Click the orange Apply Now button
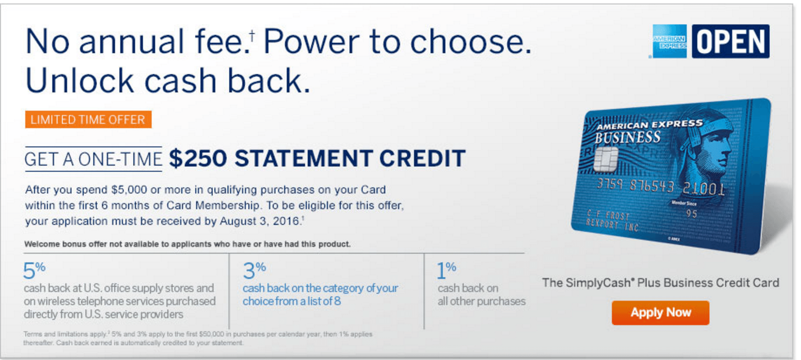pyautogui.click(x=660, y=312)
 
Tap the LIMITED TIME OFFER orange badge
pyautogui.click(x=88, y=119)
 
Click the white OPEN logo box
pyautogui.click(x=731, y=41)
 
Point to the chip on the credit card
pyautogui.click(x=606, y=160)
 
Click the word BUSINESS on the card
pyautogui.click(x=628, y=138)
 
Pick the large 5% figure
pyautogui.click(x=34, y=270)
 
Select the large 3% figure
pyautogui.click(x=255, y=270)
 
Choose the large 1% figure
pyautogui.click(x=447, y=270)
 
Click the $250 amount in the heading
pyautogui.click(x=198, y=158)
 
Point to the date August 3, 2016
pyautogui.click(x=259, y=221)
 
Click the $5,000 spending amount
pyautogui.click(x=129, y=190)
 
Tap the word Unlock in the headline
pyautogui.click(x=80, y=81)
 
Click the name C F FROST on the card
pyautogui.click(x=608, y=215)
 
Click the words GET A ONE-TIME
pyautogui.click(x=93, y=160)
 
